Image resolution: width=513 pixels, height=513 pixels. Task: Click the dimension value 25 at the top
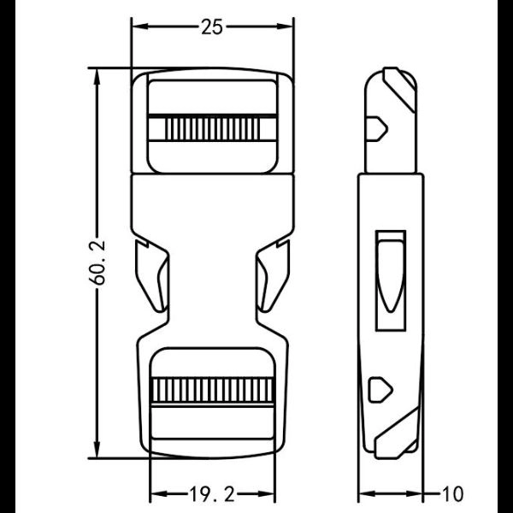(212, 27)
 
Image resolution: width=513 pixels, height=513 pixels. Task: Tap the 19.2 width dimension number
(212, 494)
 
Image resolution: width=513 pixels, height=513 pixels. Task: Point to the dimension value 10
(453, 494)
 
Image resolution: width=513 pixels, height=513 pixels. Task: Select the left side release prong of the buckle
(151, 275)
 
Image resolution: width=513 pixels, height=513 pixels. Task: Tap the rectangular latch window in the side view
(392, 280)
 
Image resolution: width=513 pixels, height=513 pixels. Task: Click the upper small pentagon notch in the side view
(378, 129)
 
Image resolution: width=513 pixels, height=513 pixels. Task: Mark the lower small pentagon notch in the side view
(378, 390)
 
